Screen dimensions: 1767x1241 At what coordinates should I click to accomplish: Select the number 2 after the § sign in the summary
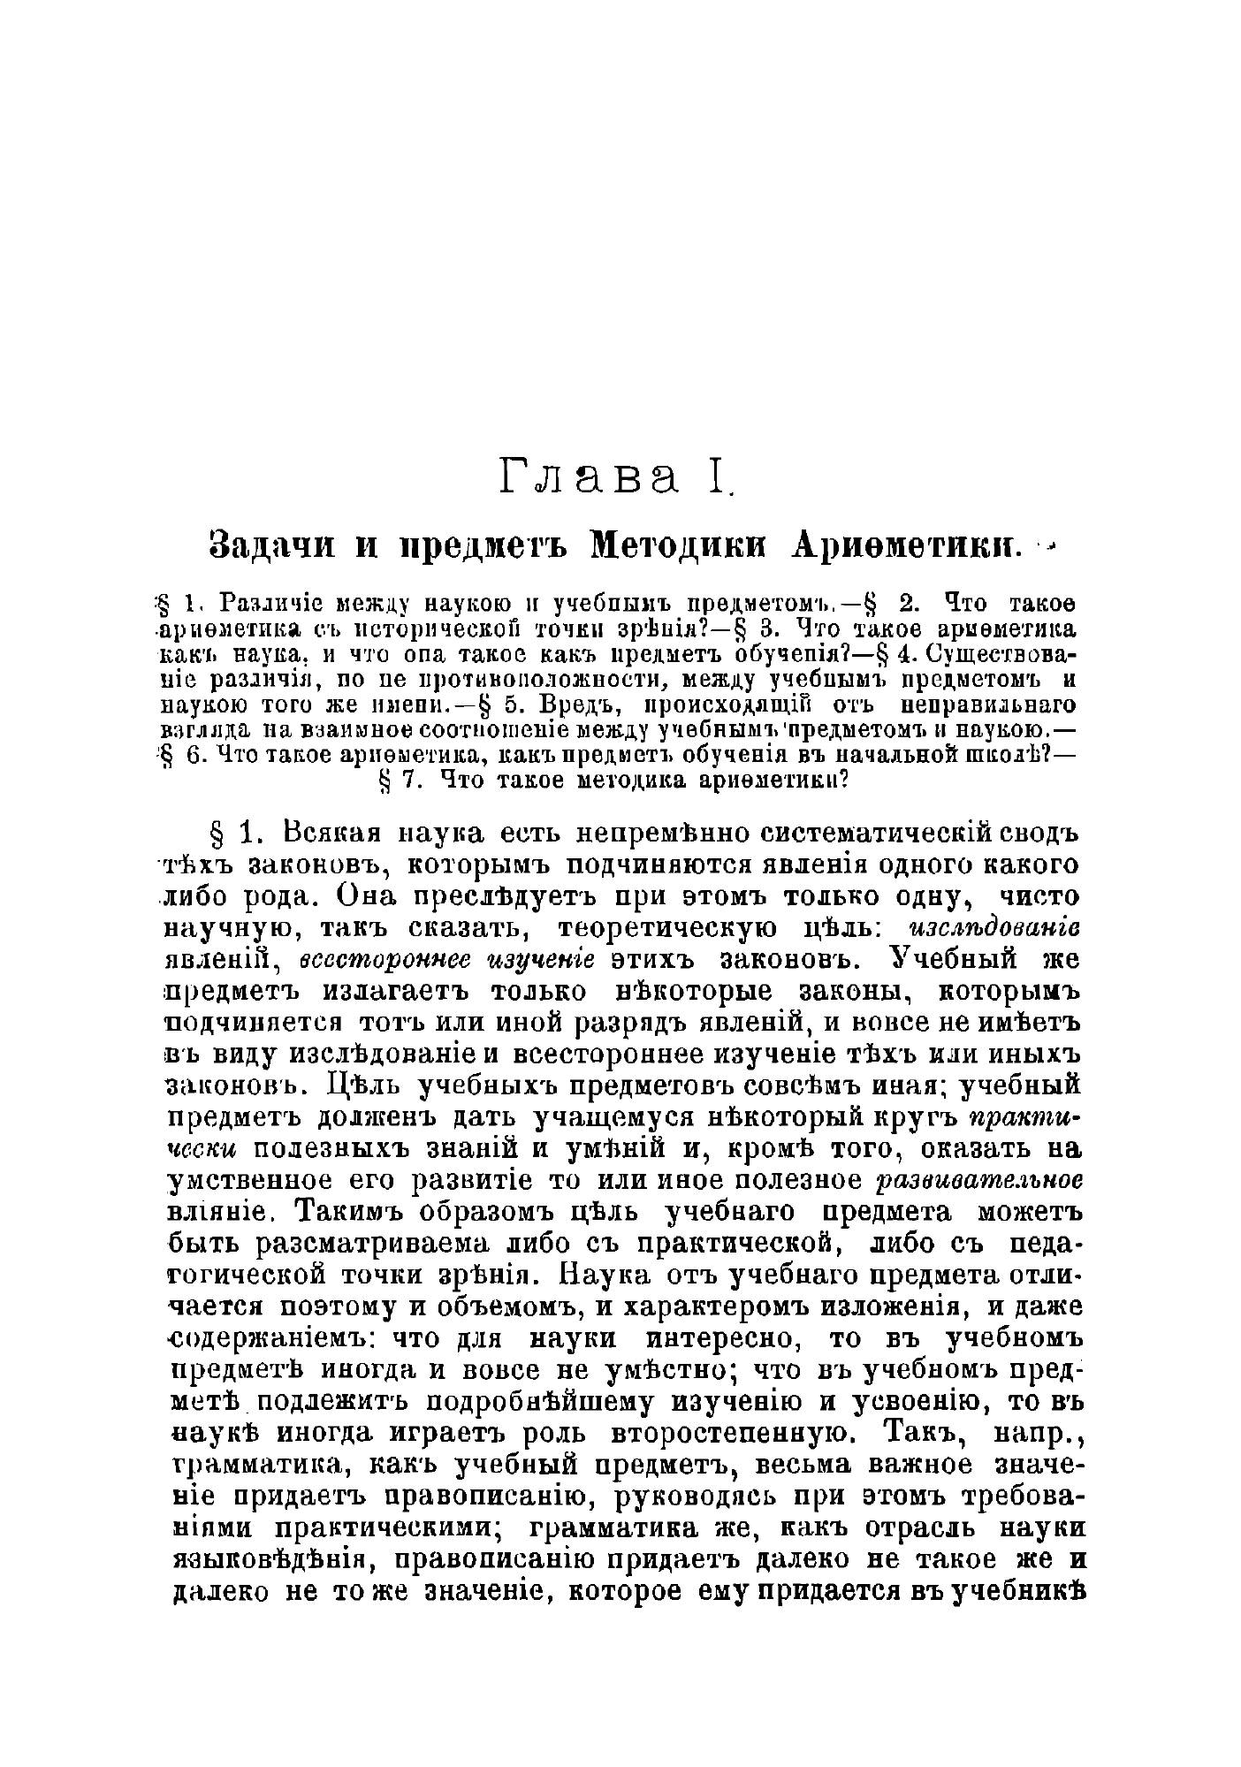[x=909, y=604]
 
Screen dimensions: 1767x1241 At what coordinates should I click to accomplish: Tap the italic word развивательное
[x=978, y=1181]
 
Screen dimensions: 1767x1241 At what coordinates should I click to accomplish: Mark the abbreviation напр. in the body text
[x=1037, y=1431]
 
